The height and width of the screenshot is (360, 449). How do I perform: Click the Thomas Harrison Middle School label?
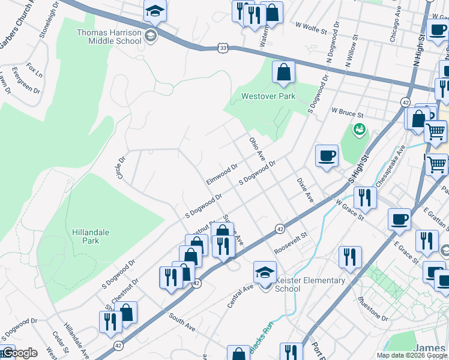click(x=108, y=36)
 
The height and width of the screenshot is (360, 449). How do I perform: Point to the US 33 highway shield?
click(x=223, y=47)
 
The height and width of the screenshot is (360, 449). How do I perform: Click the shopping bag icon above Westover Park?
click(x=283, y=73)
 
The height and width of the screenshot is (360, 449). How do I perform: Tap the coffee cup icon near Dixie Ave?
click(x=327, y=157)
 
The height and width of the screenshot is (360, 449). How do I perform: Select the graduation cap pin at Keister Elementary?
click(x=265, y=272)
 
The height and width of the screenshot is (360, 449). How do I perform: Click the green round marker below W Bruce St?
click(x=360, y=129)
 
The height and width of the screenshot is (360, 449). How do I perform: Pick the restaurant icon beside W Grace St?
click(x=364, y=197)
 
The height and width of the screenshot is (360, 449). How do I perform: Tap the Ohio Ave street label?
click(x=257, y=148)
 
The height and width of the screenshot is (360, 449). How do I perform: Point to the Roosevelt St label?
click(x=291, y=243)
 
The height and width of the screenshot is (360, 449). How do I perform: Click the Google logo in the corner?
click(x=19, y=353)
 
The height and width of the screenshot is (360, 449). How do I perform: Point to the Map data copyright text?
click(x=412, y=355)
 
